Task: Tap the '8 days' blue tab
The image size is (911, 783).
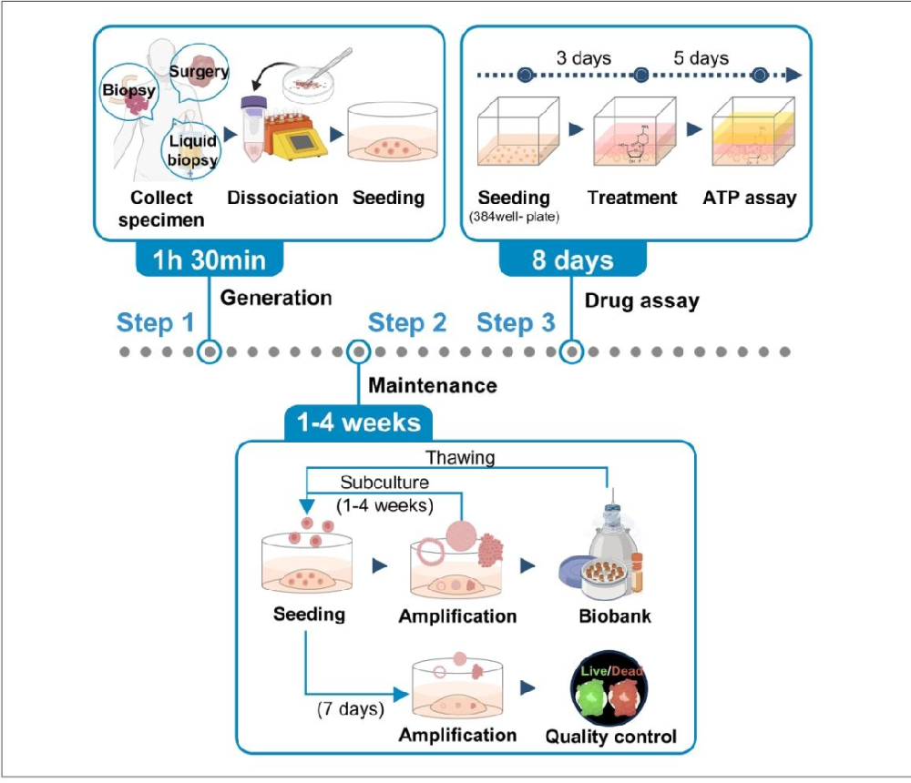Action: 572,260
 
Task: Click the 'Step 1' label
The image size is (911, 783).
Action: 156,322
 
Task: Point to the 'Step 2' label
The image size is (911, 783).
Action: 407,322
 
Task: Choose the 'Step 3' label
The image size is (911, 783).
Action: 516,322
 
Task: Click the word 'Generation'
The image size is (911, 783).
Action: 276,297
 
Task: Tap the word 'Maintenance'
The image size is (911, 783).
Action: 433,385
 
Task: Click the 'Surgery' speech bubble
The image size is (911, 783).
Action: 199,70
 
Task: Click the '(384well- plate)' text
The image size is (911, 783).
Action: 514,216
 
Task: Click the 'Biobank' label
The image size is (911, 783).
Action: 615,616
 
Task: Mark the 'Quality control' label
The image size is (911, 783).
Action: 610,736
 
